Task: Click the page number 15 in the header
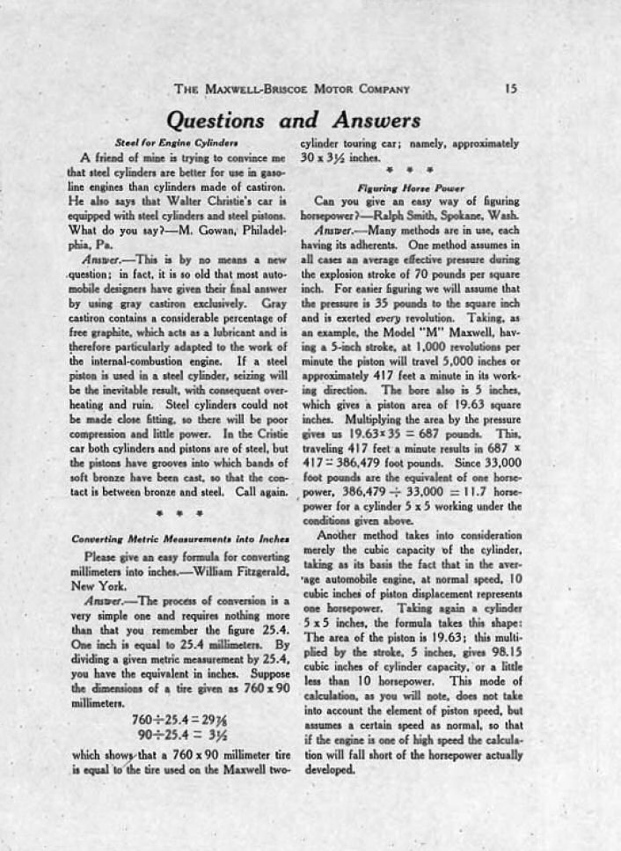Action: (x=511, y=88)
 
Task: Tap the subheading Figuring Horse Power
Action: (x=410, y=187)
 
